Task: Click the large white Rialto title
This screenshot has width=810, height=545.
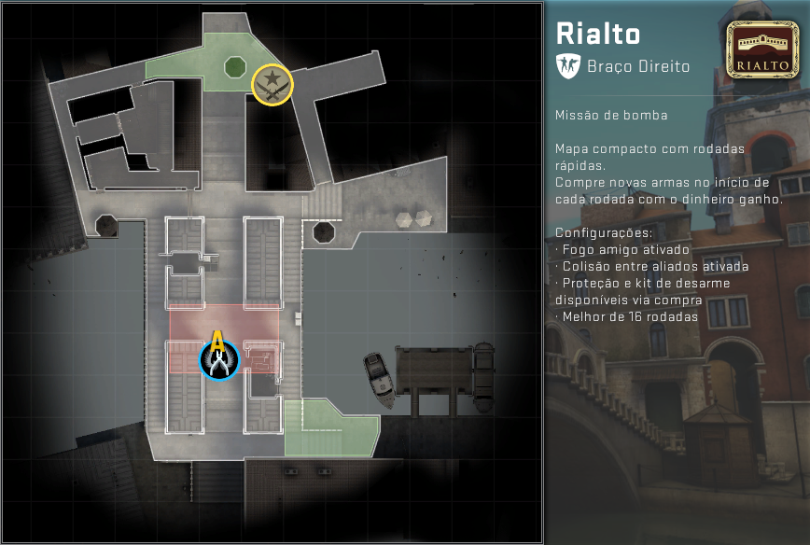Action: click(598, 34)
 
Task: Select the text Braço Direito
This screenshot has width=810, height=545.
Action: click(638, 66)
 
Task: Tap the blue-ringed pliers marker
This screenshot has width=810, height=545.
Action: click(219, 361)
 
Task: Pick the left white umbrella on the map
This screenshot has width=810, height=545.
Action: click(405, 219)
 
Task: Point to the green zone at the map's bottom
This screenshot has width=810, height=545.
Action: click(331, 427)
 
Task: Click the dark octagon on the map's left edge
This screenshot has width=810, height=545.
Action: click(106, 225)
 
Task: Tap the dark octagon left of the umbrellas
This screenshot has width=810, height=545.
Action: click(324, 231)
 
